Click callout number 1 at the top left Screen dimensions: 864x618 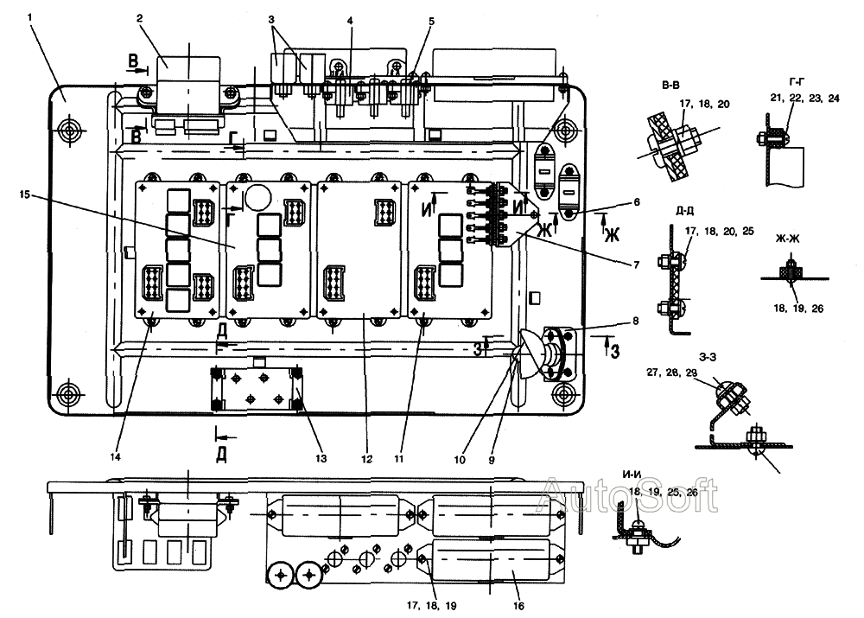coord(29,17)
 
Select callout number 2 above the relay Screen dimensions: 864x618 coord(140,18)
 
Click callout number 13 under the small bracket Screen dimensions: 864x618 coord(321,459)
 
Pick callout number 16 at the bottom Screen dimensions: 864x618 coord(518,606)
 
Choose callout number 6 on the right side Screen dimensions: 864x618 coord(637,202)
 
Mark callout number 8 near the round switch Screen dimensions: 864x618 coord(635,321)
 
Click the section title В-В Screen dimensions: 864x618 coord(670,86)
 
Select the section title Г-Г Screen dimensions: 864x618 coord(797,82)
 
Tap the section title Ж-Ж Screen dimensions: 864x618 coord(787,239)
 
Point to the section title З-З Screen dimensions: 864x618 coord(708,357)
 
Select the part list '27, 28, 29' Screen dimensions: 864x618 coord(671,373)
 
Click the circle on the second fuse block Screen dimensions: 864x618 coord(255,195)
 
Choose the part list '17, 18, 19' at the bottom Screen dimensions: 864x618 coord(431,605)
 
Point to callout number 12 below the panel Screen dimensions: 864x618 coord(366,459)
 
